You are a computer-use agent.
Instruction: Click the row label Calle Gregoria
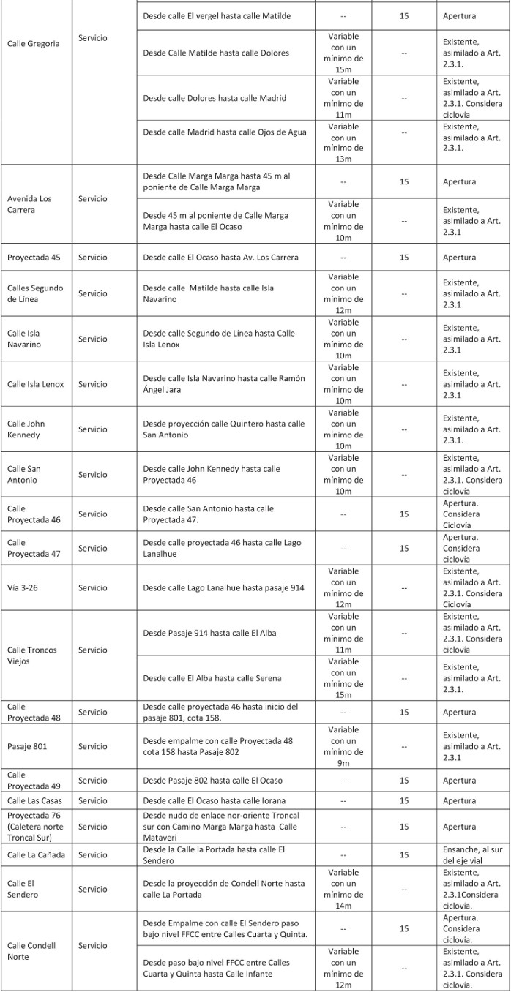pyautogui.click(x=33, y=44)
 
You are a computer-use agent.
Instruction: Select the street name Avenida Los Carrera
pyautogui.click(x=29, y=204)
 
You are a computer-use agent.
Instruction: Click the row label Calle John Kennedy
pyautogui.click(x=26, y=429)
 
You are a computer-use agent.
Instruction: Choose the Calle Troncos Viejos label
pyautogui.click(x=31, y=655)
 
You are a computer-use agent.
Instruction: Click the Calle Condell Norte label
pyautogui.click(x=31, y=950)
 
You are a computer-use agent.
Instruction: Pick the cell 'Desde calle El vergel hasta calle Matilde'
pyautogui.click(x=217, y=15)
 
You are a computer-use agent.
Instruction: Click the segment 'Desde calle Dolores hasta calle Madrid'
pyautogui.click(x=215, y=98)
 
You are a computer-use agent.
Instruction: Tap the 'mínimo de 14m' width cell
pyautogui.click(x=343, y=890)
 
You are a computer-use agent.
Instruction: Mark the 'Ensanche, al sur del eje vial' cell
pyautogui.click(x=472, y=854)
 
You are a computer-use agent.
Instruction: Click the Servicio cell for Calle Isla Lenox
pyautogui.click(x=93, y=384)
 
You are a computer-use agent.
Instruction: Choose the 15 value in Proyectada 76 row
pyautogui.click(x=404, y=827)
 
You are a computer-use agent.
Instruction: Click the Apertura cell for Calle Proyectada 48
pyautogui.click(x=460, y=712)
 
